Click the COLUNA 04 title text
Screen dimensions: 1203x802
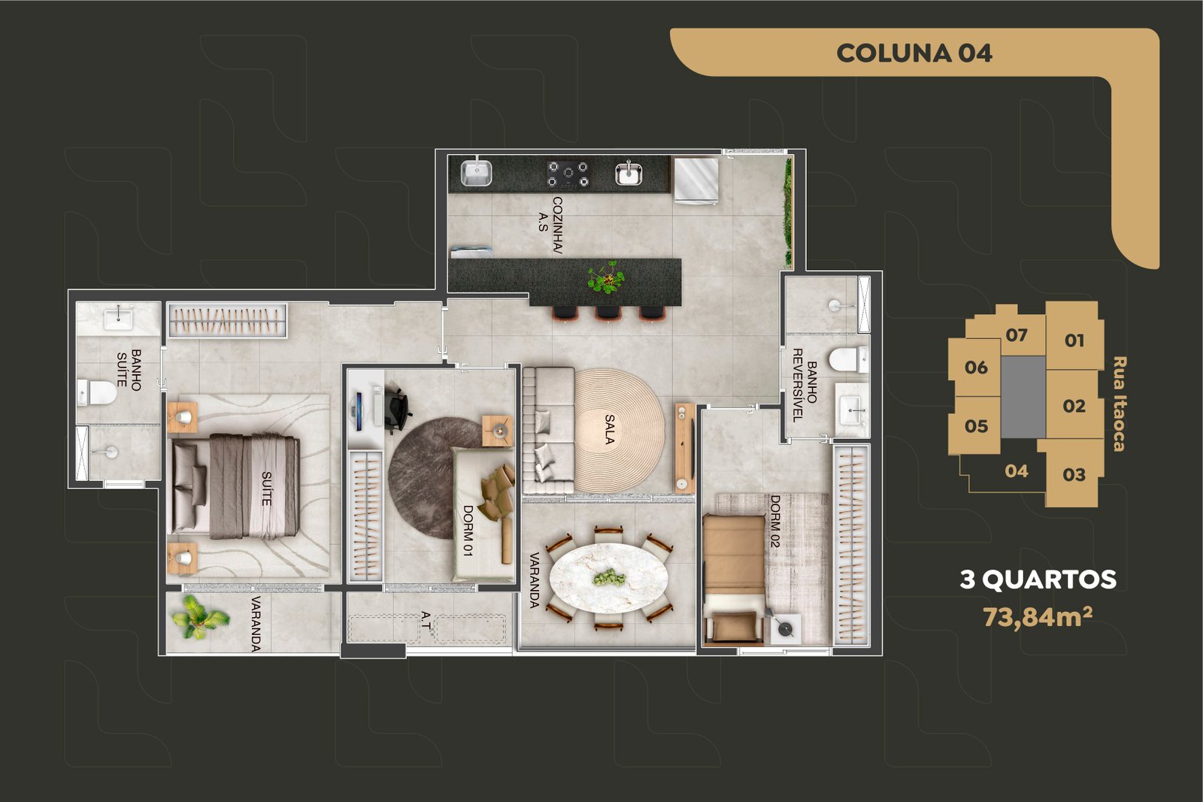pos(914,53)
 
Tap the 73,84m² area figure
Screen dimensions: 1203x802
pos(1037,616)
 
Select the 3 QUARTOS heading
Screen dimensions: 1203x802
pos(1038,580)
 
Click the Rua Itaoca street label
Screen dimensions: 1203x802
pos(1119,404)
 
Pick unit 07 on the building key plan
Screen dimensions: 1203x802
pos(1016,335)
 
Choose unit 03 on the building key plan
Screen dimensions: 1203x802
pos(1074,474)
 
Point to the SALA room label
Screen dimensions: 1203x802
pos(610,429)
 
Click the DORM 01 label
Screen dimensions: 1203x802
pos(468,531)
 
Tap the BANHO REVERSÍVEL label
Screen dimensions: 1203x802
pos(805,384)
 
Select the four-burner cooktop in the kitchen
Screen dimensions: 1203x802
pos(568,174)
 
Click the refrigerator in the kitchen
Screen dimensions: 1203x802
pos(696,180)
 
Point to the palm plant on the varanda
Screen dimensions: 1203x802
pos(200,617)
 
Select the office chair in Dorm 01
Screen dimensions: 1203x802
pos(396,409)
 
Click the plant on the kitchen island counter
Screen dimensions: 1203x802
pos(607,277)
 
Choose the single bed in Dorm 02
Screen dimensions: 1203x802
pos(734,579)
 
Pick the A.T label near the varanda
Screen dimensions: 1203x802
pos(426,620)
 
